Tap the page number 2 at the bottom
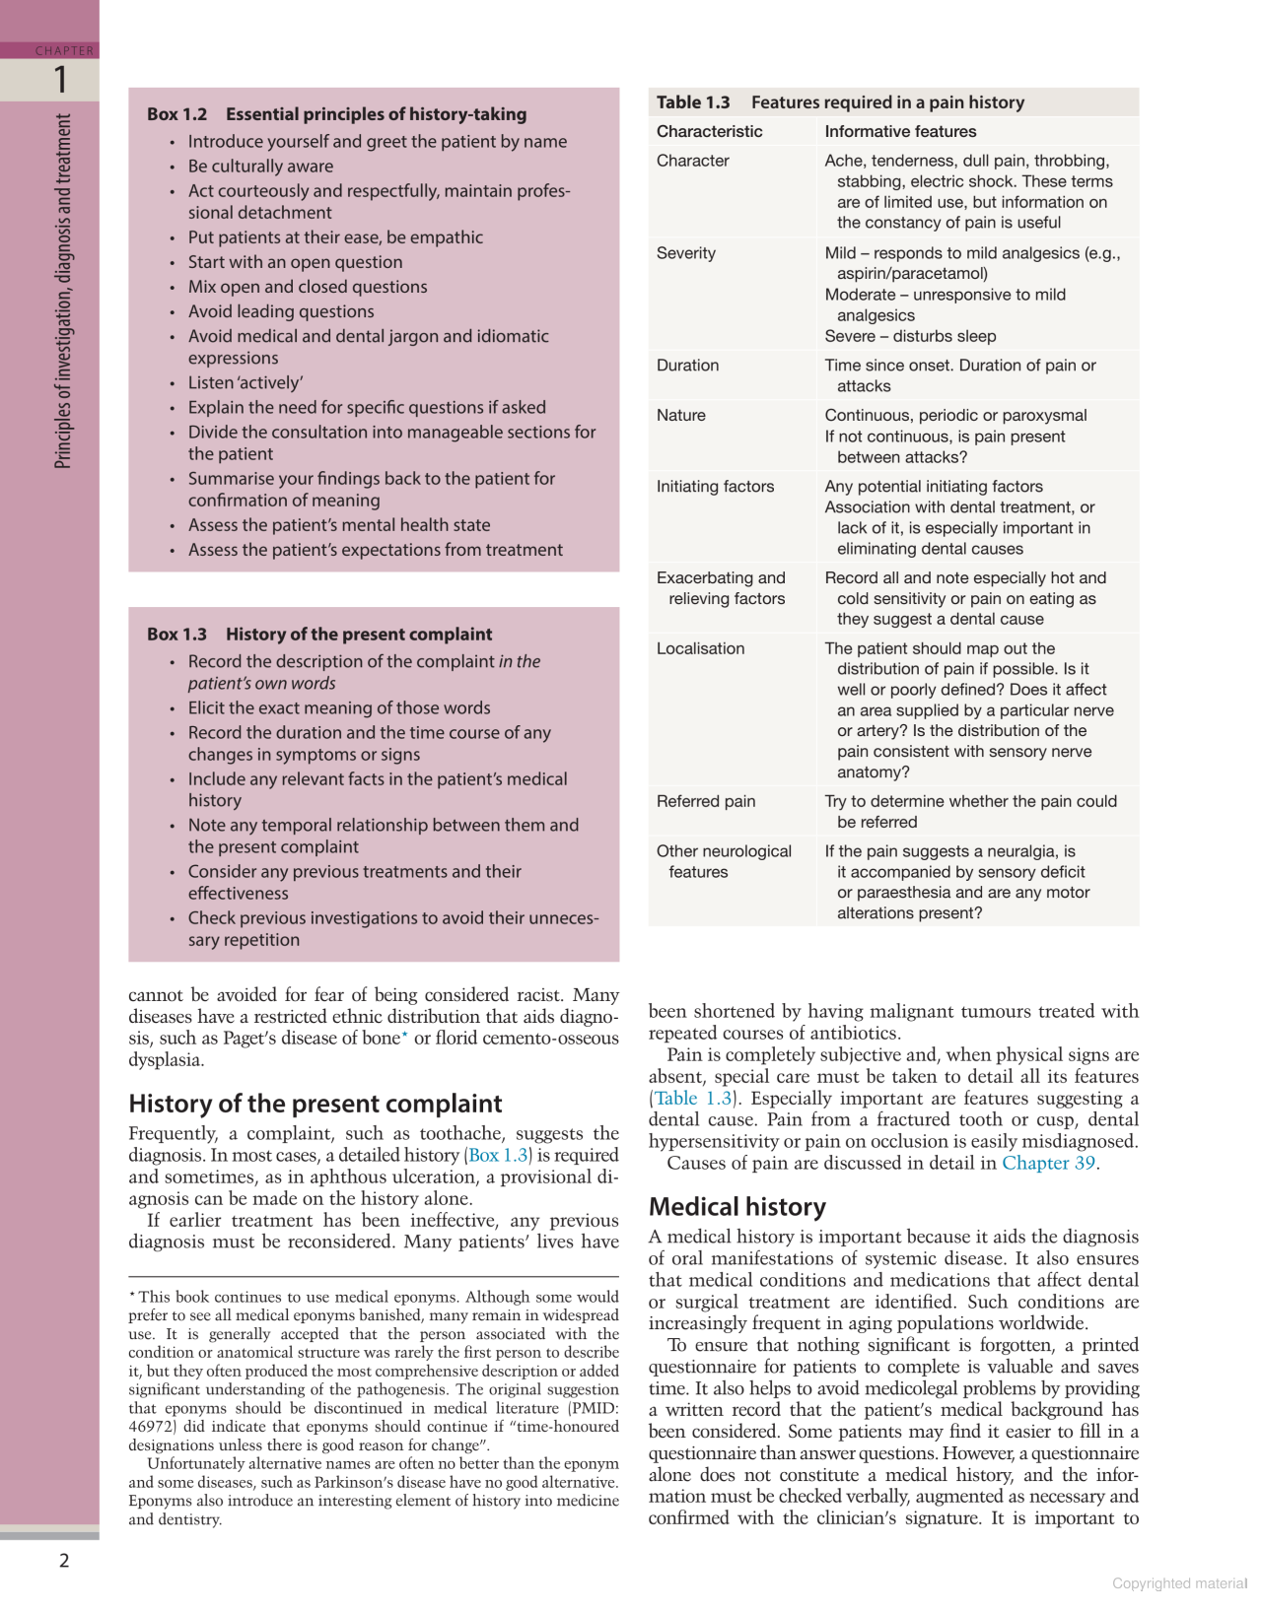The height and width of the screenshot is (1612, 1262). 65,1560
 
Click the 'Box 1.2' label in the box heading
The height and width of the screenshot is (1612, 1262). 177,114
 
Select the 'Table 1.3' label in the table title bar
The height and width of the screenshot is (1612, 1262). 693,102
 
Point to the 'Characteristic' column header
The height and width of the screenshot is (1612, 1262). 709,131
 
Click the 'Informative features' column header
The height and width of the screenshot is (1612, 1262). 900,131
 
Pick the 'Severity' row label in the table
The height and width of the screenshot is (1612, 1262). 685,253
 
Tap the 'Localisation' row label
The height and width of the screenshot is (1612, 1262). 700,648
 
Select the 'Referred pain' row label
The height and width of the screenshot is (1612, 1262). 706,801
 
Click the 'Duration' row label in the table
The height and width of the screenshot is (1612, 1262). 687,366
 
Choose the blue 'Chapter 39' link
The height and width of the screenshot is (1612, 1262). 1048,1163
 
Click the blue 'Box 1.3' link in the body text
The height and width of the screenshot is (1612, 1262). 498,1155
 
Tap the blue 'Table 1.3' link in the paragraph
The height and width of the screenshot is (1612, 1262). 693,1098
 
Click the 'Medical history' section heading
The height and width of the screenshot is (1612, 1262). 736,1207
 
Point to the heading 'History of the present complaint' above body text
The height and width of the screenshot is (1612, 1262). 315,1104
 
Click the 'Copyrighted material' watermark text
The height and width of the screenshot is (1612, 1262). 1179,1583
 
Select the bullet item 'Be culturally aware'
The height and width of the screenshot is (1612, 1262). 260,167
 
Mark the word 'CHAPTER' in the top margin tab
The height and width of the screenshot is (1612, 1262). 64,50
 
